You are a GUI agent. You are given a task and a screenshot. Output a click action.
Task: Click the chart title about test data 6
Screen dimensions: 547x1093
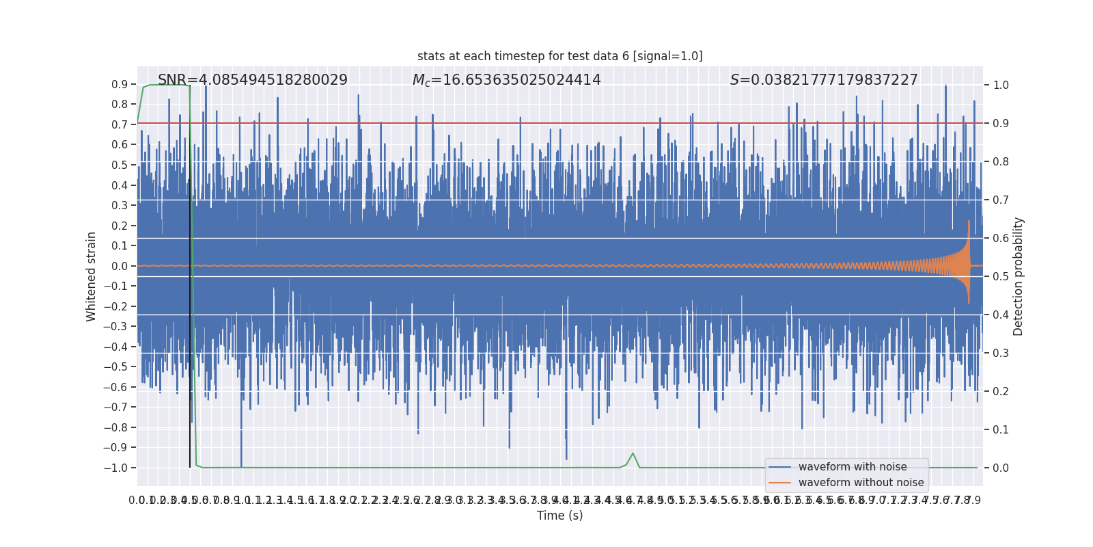tap(559, 56)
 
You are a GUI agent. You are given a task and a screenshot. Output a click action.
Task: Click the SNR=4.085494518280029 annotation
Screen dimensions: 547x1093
tap(252, 80)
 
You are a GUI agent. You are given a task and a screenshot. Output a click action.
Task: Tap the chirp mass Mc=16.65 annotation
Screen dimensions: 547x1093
tap(506, 80)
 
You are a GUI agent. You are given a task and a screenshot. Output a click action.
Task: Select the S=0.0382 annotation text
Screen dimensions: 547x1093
tap(823, 80)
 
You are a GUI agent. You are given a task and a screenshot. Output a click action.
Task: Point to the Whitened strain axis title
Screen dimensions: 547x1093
tap(92, 276)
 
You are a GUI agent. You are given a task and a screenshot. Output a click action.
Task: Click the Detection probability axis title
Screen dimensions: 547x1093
tap(1019, 276)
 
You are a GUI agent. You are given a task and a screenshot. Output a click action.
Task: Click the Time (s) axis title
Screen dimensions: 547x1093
tap(559, 516)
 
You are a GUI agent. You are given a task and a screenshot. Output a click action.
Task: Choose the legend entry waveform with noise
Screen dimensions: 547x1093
tap(852, 467)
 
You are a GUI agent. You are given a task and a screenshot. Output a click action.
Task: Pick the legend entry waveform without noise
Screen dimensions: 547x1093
tap(861, 483)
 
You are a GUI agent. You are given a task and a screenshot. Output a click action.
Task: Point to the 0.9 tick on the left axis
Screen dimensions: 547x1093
tap(120, 85)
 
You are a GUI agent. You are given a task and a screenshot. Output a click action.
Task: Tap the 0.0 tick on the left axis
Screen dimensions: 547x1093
tap(120, 266)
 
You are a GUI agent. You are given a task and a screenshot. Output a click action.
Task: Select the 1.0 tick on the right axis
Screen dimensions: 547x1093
tap(1001, 85)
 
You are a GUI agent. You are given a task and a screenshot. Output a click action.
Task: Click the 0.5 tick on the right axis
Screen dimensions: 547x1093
tap(1001, 277)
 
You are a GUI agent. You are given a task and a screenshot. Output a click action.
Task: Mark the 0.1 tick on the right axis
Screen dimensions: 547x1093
tap(1001, 430)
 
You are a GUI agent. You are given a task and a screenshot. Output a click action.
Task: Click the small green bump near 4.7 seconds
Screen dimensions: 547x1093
tap(633, 454)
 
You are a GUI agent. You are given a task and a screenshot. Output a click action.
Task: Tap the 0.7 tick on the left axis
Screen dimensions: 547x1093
tap(120, 124)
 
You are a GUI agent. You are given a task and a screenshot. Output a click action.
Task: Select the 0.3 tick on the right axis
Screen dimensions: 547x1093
tap(1001, 353)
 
